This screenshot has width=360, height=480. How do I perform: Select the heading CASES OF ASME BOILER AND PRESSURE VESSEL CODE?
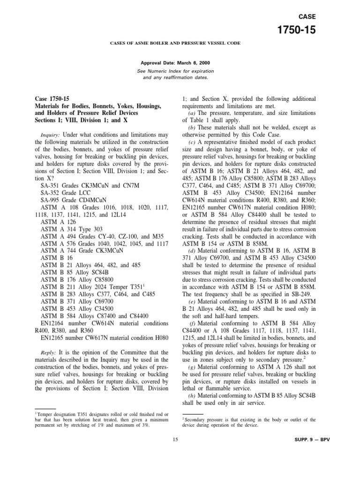(x=176, y=43)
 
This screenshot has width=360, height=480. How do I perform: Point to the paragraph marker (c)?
(x=192, y=142)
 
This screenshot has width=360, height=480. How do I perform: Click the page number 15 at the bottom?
(x=175, y=439)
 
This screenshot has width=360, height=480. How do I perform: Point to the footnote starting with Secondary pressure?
(x=248, y=422)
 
